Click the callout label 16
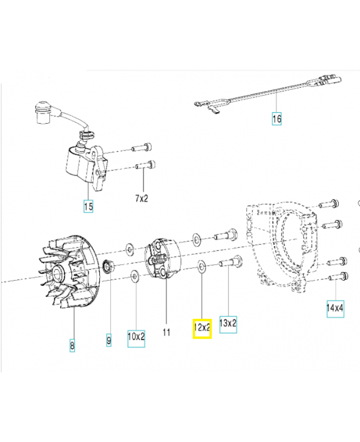[277, 118]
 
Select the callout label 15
[88, 207]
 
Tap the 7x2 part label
[142, 198]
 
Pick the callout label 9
[108, 341]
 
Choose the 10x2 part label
[136, 335]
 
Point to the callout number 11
[166, 332]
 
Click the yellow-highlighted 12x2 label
[202, 327]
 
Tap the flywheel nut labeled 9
[109, 267]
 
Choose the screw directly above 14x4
[338, 276]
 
